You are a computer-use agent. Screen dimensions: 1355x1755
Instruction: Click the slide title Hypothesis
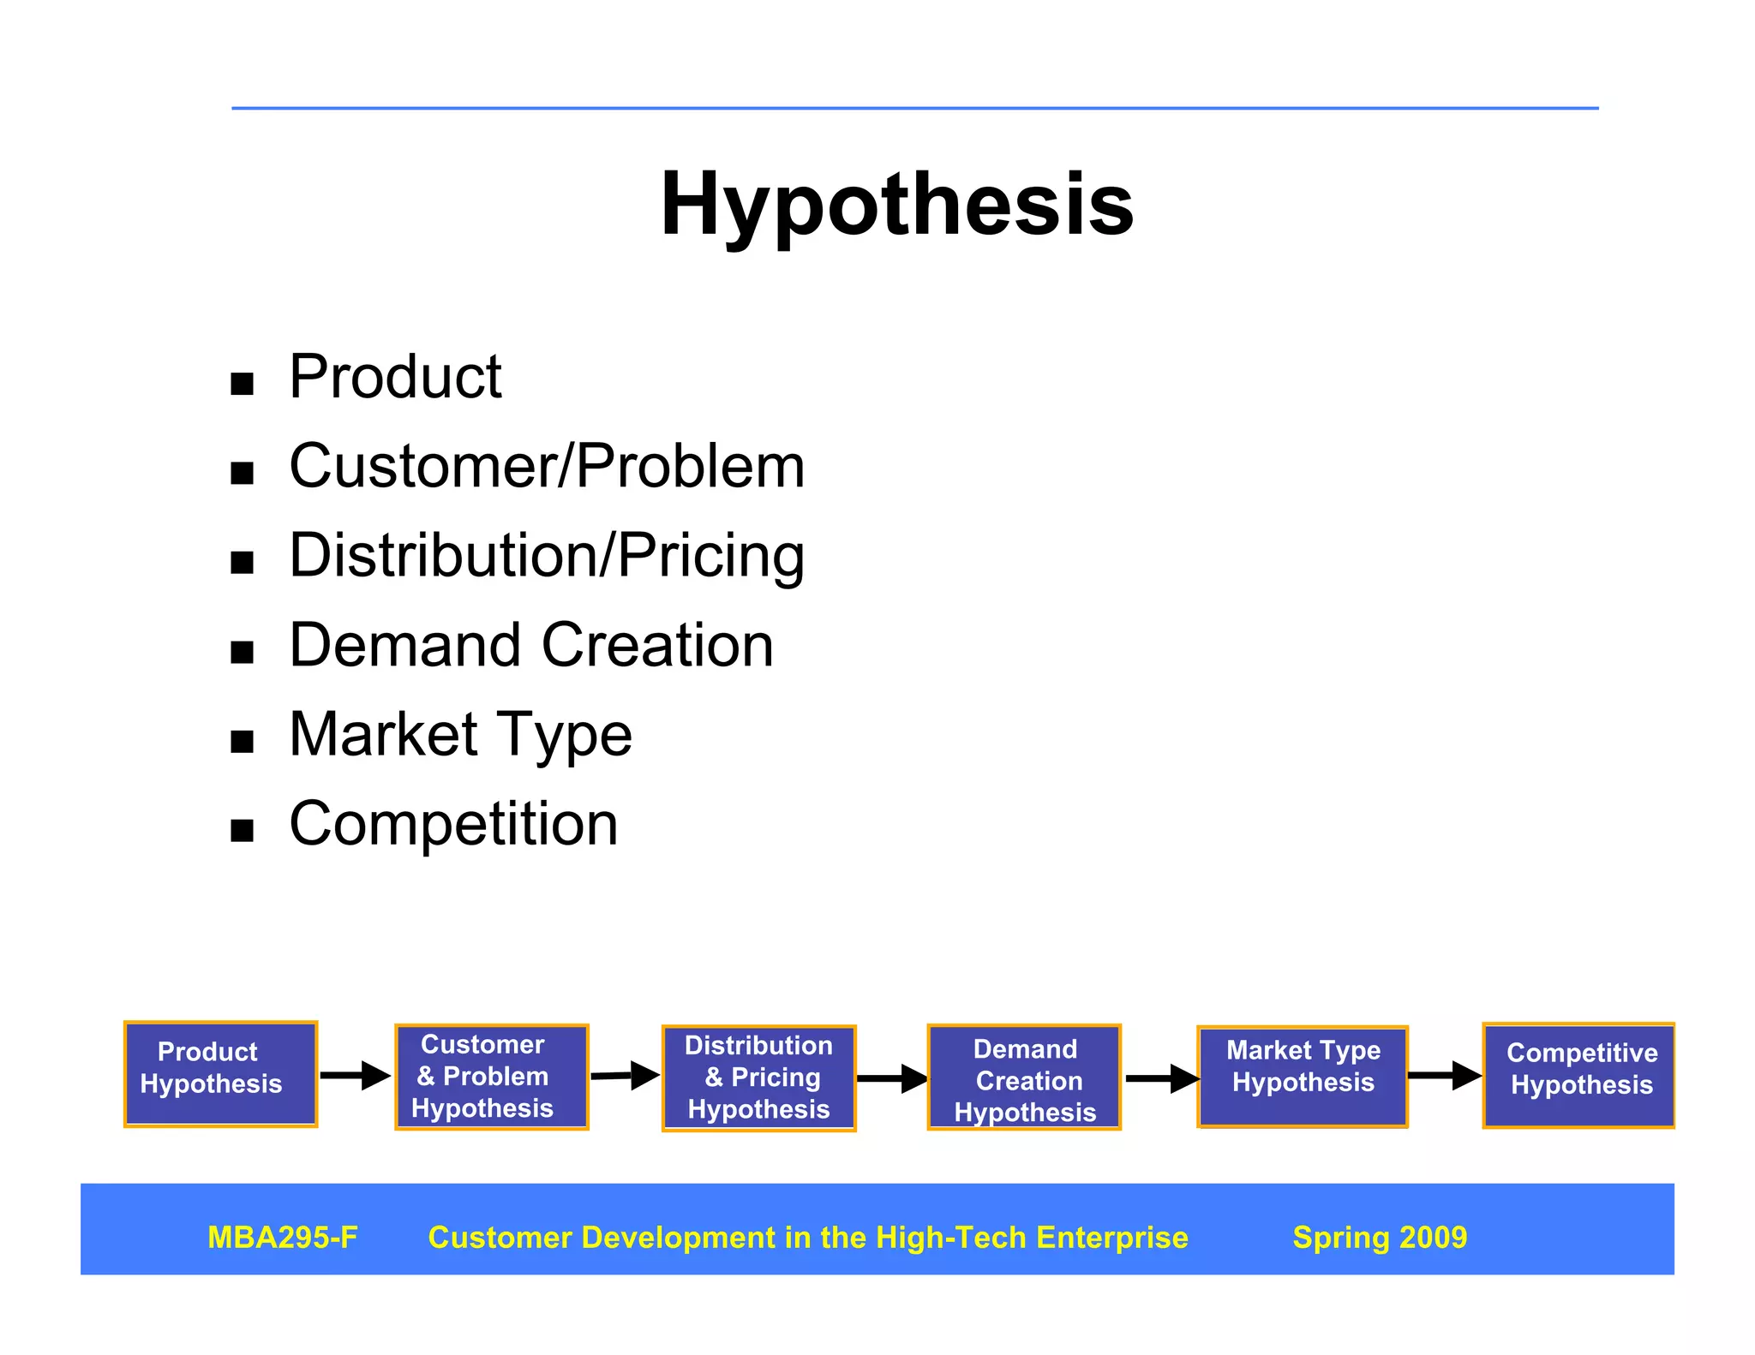(x=896, y=206)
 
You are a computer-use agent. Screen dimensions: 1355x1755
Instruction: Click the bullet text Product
(x=395, y=377)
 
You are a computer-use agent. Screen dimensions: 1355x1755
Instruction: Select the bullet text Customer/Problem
(x=547, y=467)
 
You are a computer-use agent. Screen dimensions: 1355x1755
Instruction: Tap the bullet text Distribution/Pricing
(x=547, y=556)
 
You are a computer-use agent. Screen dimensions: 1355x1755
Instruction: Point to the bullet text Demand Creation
(x=531, y=645)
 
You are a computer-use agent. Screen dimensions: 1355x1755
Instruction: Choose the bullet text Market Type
(x=460, y=735)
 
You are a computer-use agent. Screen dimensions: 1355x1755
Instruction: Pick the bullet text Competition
(x=453, y=824)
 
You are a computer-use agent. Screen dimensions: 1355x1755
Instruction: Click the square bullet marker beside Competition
(x=243, y=830)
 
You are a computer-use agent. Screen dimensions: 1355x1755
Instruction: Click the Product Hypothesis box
(x=220, y=1073)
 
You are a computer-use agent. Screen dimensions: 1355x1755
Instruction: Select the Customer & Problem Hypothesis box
(x=491, y=1077)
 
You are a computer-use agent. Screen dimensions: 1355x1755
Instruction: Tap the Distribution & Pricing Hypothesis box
(x=758, y=1077)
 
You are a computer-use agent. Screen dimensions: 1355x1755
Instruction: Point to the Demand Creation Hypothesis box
(x=1024, y=1077)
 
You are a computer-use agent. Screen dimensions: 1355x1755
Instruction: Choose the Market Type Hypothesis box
(x=1302, y=1076)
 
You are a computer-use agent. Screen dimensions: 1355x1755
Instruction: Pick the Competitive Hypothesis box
(x=1578, y=1075)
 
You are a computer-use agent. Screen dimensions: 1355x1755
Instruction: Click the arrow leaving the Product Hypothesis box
(x=355, y=1075)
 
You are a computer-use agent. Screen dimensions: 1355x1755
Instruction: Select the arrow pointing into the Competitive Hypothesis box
(x=1444, y=1075)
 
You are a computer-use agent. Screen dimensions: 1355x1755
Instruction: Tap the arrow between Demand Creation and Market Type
(x=1161, y=1078)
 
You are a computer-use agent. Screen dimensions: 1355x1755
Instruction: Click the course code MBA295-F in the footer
(x=283, y=1238)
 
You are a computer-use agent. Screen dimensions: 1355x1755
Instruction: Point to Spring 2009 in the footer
(x=1379, y=1238)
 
